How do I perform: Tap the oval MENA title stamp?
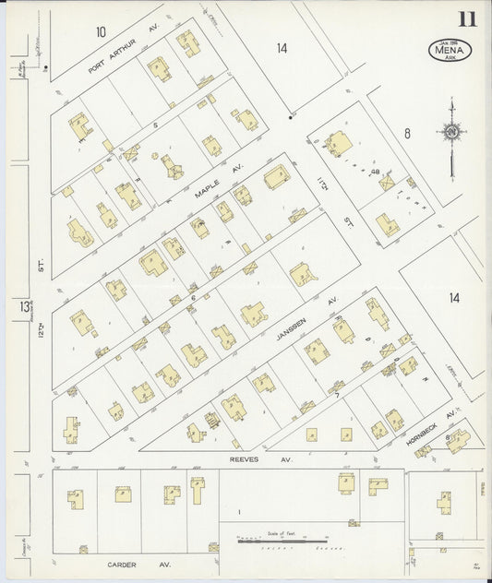450,50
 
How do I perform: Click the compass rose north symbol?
451,134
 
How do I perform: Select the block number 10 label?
101,32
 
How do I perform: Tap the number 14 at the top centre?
282,48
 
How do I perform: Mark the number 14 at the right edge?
453,297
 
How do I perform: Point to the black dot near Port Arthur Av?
44,68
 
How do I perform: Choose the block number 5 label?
156,124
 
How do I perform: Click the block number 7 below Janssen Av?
337,394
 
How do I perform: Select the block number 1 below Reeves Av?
238,511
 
